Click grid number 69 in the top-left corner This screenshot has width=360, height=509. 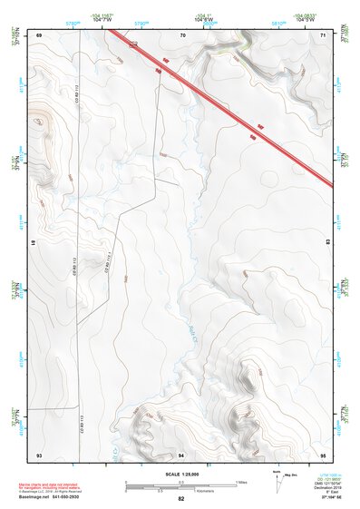click(40, 34)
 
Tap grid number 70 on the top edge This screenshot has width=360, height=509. click(182, 34)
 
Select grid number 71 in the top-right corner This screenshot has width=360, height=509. click(324, 34)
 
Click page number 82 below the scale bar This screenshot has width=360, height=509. click(180, 499)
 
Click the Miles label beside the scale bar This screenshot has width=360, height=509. click(241, 481)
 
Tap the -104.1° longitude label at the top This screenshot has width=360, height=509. click(207, 15)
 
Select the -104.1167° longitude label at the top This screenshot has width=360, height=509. click(102, 15)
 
